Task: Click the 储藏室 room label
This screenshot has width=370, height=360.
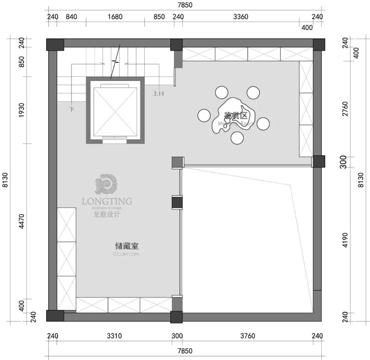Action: point(126,246)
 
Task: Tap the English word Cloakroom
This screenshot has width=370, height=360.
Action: point(126,254)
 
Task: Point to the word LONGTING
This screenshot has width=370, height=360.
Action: point(107,201)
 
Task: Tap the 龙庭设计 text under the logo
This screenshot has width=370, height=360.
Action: point(107,215)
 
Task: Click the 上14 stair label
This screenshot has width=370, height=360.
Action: point(158,93)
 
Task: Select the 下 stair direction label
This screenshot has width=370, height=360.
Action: point(72,109)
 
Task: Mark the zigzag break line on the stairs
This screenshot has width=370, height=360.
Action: point(116,62)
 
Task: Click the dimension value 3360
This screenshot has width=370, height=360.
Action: point(241,17)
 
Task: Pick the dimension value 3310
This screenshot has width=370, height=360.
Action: point(114,336)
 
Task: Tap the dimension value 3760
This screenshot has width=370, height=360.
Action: point(247,336)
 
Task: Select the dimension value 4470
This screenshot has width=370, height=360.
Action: point(22,221)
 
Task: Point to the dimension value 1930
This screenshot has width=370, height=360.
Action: point(22,110)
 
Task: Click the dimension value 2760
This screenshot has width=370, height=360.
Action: point(345,109)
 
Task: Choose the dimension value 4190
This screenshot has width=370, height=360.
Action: point(345,240)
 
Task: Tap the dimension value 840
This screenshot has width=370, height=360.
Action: point(71,17)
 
